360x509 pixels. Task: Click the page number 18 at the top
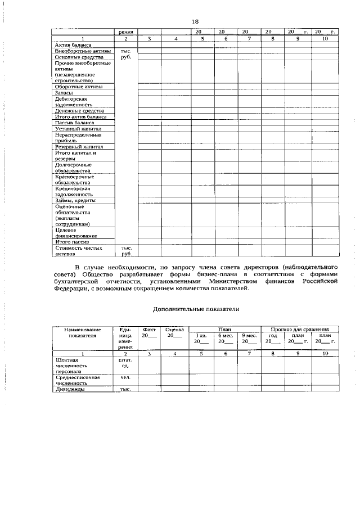coord(195,21)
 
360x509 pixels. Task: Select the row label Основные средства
coord(79,57)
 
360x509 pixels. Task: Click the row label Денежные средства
coord(80,111)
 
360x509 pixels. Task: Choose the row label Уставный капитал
coord(78,129)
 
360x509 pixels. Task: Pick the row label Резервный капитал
coord(79,147)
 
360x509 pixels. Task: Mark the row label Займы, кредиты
coord(75,200)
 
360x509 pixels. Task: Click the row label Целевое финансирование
coord(76,233)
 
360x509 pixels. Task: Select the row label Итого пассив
coord(73,242)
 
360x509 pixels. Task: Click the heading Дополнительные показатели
coord(196,309)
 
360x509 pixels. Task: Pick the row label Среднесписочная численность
coord(78,380)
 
